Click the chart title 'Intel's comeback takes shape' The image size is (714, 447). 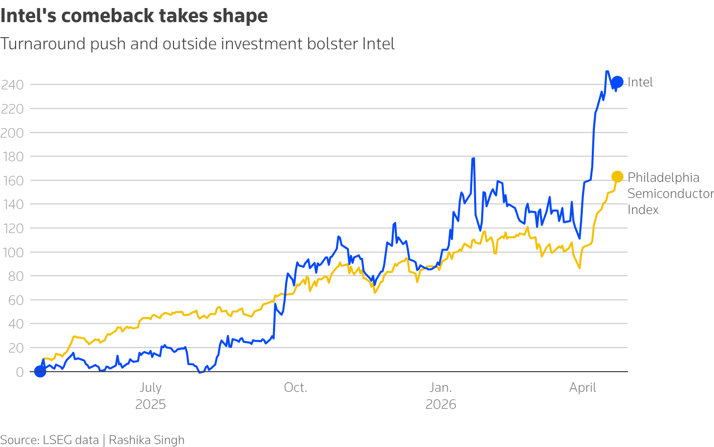pyautogui.click(x=134, y=16)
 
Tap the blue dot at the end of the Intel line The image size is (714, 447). pyautogui.click(x=617, y=82)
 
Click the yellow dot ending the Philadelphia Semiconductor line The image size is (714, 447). pyautogui.click(x=617, y=177)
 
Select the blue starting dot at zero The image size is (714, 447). pyautogui.click(x=40, y=371)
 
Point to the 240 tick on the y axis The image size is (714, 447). pyautogui.click(x=13, y=85)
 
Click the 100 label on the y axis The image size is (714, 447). pyautogui.click(x=13, y=252)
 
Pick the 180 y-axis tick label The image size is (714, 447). pyautogui.click(x=13, y=157)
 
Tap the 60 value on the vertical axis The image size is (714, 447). pyautogui.click(x=16, y=300)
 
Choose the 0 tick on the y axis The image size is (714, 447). pyautogui.click(x=20, y=372)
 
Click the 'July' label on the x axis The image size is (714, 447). pyautogui.click(x=150, y=388)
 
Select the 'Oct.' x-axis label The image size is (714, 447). pyautogui.click(x=295, y=388)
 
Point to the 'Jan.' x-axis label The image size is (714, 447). pyautogui.click(x=440, y=388)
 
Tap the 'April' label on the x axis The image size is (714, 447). pyautogui.click(x=583, y=388)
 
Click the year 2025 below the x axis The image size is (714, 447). pyautogui.click(x=150, y=405)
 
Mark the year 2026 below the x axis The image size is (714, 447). pyautogui.click(x=440, y=405)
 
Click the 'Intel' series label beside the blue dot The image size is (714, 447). pyautogui.click(x=640, y=82)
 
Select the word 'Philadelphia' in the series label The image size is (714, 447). pyautogui.click(x=663, y=178)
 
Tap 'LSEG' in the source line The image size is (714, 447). pyautogui.click(x=57, y=440)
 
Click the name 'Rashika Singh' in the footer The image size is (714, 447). pyautogui.click(x=147, y=440)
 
